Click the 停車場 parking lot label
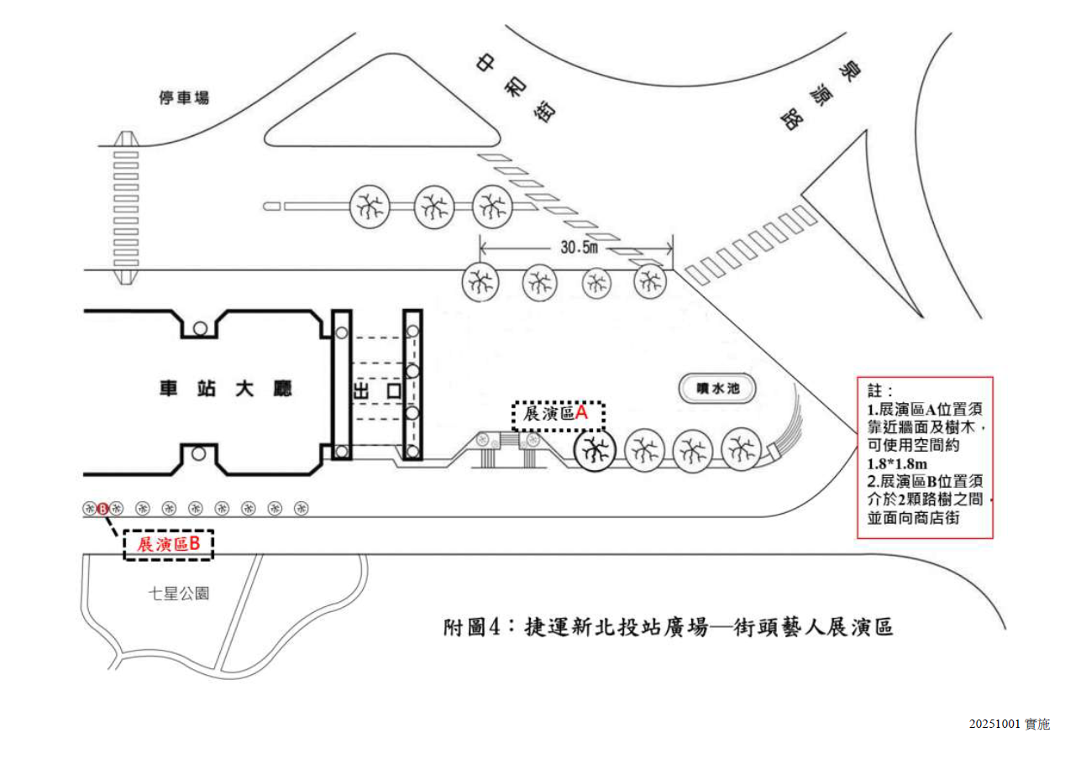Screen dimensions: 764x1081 (184, 98)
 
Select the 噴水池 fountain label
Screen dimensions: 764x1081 (715, 389)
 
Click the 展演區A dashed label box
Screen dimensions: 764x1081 (559, 414)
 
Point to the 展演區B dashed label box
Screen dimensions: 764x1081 (168, 544)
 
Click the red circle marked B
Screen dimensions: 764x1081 (102, 508)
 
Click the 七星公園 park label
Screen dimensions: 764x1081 (178, 594)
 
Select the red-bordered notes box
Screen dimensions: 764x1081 (926, 457)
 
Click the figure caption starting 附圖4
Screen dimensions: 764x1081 (668, 627)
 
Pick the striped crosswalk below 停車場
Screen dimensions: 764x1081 (126, 201)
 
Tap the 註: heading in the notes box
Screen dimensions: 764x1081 (880, 392)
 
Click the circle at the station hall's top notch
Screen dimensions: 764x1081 (199, 328)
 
